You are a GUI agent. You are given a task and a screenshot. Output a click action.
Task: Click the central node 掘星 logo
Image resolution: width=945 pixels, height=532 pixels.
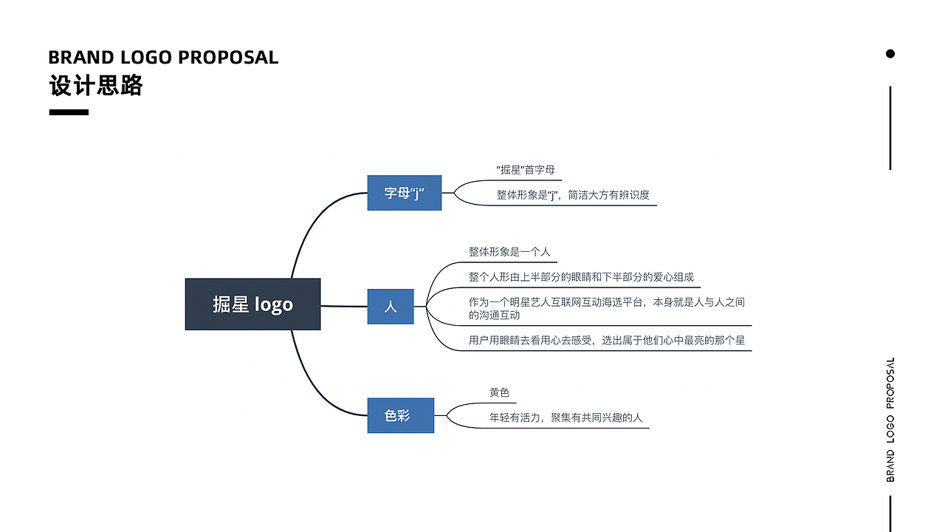click(x=252, y=304)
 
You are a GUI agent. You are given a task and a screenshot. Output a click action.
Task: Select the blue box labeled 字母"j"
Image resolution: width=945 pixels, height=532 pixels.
click(x=404, y=194)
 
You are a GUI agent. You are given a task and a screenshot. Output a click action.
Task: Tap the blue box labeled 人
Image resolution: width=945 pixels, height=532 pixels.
click(x=391, y=307)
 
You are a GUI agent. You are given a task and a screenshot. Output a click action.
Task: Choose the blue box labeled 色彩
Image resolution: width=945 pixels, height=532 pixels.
click(x=400, y=416)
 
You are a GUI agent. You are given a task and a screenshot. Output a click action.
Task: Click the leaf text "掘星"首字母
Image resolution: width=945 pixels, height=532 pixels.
click(x=526, y=170)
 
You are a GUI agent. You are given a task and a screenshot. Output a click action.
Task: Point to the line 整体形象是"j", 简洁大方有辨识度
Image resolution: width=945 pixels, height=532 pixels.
click(x=572, y=195)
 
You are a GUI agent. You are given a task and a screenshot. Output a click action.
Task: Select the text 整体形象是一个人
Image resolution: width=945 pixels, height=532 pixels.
click(x=509, y=252)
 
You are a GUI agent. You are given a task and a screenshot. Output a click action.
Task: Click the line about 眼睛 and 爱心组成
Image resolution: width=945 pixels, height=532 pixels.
click(x=581, y=277)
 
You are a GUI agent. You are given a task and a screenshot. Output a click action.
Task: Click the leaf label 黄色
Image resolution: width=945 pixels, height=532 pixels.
click(x=499, y=393)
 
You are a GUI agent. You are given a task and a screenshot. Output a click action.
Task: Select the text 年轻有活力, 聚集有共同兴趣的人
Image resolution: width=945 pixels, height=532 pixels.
click(x=566, y=417)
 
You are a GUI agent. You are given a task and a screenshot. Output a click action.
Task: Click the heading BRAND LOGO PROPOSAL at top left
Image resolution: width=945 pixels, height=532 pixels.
click(x=163, y=58)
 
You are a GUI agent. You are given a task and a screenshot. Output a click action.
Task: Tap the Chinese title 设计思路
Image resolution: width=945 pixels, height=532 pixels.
click(x=96, y=86)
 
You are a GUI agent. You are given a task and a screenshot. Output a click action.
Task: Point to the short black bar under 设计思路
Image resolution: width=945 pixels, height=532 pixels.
click(x=69, y=112)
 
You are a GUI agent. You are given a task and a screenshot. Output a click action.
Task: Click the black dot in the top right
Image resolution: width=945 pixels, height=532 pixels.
click(x=890, y=53)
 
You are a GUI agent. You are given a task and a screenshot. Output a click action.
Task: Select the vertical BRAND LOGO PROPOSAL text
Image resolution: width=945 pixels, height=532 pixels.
click(x=890, y=420)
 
